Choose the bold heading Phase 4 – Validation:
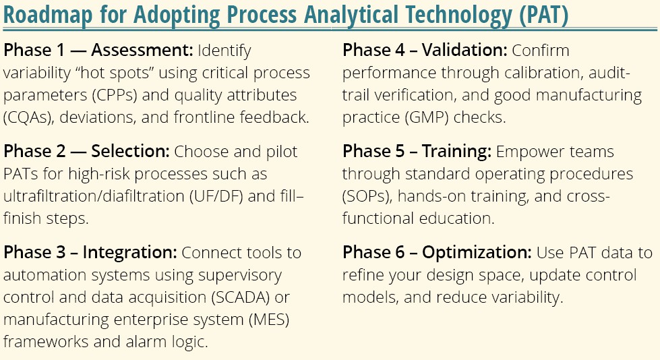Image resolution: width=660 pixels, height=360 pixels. (x=425, y=51)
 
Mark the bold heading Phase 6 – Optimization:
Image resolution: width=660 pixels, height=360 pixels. (x=437, y=253)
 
